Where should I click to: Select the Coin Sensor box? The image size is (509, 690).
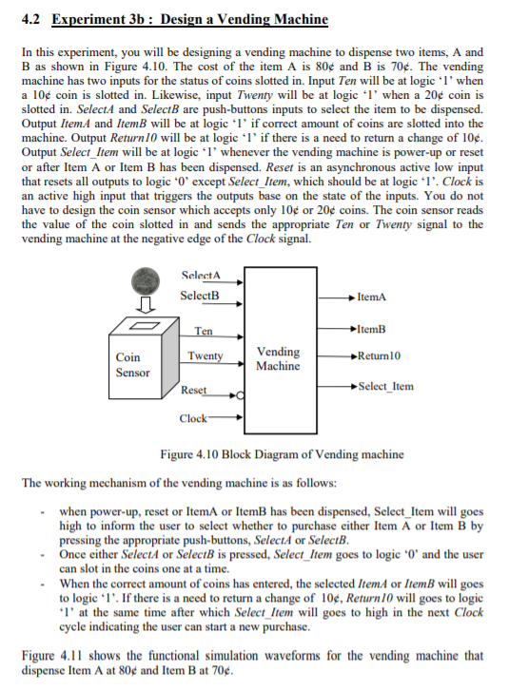132,365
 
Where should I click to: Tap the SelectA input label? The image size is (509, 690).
200,276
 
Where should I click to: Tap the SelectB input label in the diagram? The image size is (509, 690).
200,295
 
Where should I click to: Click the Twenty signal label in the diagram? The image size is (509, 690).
205,356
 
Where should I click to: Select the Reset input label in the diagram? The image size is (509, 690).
193,391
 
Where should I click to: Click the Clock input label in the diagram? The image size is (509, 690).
193,418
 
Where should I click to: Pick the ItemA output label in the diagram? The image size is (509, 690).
372,297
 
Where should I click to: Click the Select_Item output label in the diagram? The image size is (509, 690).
384,387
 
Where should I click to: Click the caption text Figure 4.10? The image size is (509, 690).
189,454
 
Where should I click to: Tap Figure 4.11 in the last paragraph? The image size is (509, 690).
53,655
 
